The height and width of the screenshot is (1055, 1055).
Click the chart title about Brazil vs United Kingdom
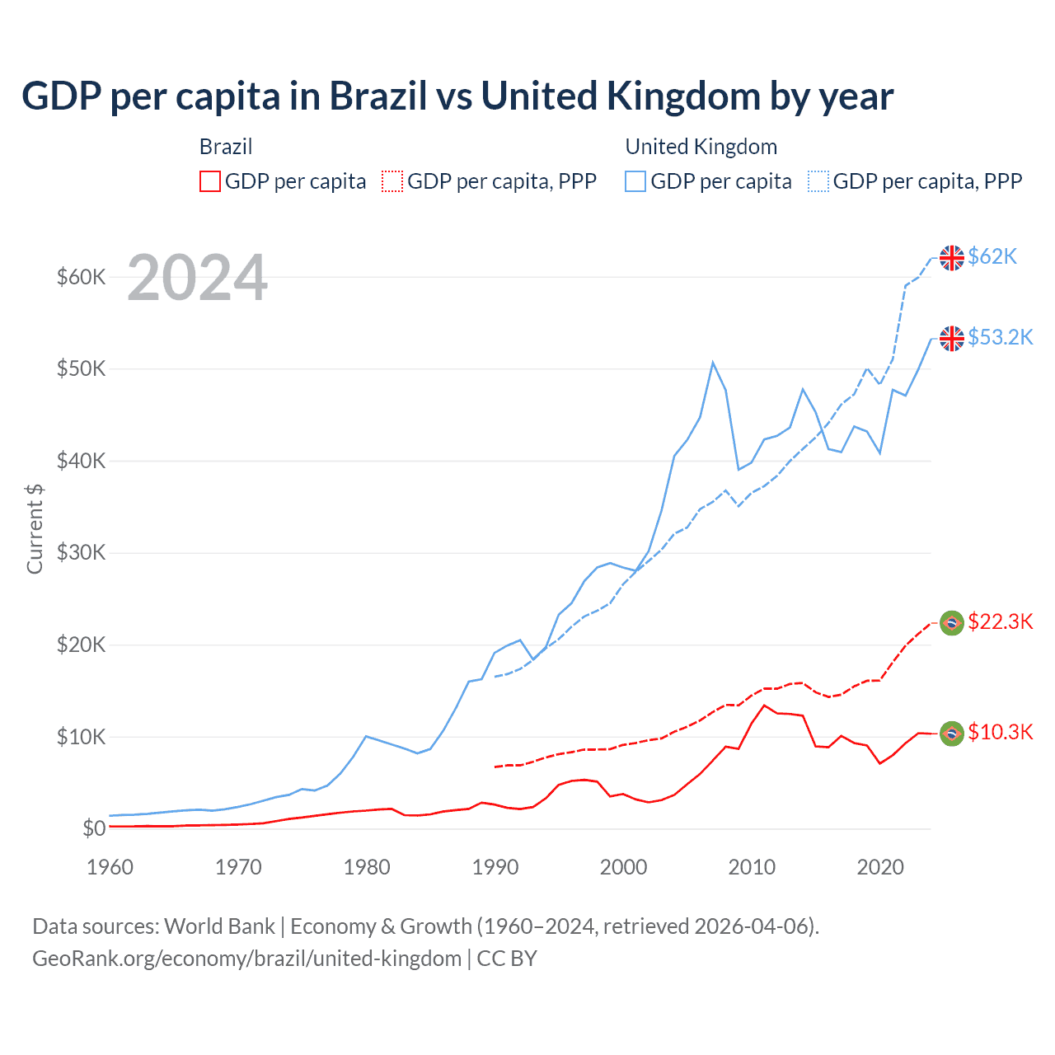[x=457, y=96]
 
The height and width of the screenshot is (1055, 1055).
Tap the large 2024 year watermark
[x=197, y=279]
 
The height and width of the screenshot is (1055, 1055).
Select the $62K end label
[x=992, y=256]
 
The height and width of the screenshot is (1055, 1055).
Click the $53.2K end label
[x=1000, y=337]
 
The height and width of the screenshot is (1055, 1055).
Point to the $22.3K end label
[x=1000, y=621]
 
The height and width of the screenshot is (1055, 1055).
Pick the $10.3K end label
[x=1000, y=732]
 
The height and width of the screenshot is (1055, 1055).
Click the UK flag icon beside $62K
[x=952, y=258]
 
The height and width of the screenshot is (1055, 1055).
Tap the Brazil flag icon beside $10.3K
[x=952, y=734]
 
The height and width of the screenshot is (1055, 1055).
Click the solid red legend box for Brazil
[x=210, y=181]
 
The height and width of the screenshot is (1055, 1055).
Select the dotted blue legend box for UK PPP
[x=818, y=181]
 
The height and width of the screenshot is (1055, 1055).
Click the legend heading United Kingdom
[x=701, y=147]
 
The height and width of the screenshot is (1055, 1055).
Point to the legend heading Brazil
[x=226, y=147]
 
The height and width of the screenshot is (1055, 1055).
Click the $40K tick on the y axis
[x=81, y=461]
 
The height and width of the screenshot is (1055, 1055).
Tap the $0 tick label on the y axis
[x=94, y=828]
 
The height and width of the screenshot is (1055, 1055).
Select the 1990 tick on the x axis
[x=495, y=867]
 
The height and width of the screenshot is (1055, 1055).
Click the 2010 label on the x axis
[x=752, y=867]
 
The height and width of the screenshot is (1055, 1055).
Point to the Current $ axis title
[x=35, y=529]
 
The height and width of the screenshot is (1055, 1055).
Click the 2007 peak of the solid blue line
[x=713, y=363]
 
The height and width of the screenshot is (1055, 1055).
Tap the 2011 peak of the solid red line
[x=764, y=706]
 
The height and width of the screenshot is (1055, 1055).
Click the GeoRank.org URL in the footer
[x=246, y=959]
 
